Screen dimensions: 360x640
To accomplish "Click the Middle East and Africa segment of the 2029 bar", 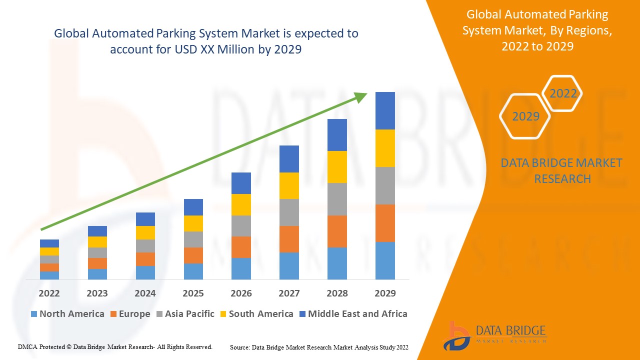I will point(385,110).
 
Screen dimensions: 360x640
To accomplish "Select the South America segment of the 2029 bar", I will point(385,148).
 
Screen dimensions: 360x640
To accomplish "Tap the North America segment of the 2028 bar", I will point(337,263).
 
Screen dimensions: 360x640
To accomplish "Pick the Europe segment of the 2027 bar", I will point(289,239).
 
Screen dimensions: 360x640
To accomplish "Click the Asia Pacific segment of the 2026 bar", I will point(241,226).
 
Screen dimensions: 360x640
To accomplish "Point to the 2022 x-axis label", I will point(49,293).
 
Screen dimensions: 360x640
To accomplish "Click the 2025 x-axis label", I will point(193,293).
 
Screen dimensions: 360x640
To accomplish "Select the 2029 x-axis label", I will point(385,293).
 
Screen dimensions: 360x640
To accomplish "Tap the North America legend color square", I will point(34,314).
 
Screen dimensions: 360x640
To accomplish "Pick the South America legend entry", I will point(255,314).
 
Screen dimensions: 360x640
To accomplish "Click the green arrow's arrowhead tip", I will point(366,94).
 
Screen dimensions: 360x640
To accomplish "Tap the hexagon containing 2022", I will point(562,93).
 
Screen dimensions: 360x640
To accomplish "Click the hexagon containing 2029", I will point(525,116).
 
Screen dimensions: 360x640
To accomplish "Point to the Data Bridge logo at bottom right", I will point(494,335).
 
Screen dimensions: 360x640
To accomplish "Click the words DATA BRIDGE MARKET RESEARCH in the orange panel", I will point(562,170).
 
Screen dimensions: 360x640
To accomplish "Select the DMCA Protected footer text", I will point(115,346).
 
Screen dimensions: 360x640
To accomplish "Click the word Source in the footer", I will point(239,347).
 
